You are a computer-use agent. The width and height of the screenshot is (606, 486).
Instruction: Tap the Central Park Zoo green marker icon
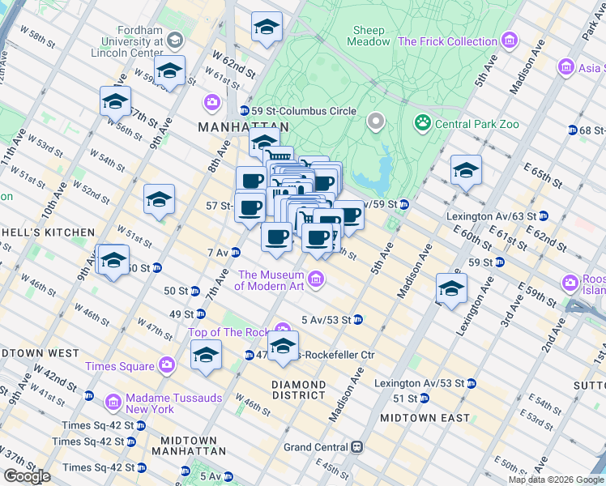click(422, 124)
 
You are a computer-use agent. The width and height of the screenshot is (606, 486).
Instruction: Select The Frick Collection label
click(447, 41)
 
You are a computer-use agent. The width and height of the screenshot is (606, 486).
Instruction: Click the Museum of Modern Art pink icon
click(316, 279)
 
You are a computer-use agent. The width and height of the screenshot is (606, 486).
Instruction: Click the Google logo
click(27, 476)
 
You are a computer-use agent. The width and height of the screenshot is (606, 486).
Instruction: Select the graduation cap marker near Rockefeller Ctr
click(283, 346)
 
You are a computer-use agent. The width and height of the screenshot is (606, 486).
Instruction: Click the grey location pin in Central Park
click(374, 122)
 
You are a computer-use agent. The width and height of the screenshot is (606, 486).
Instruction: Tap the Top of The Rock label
click(228, 332)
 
